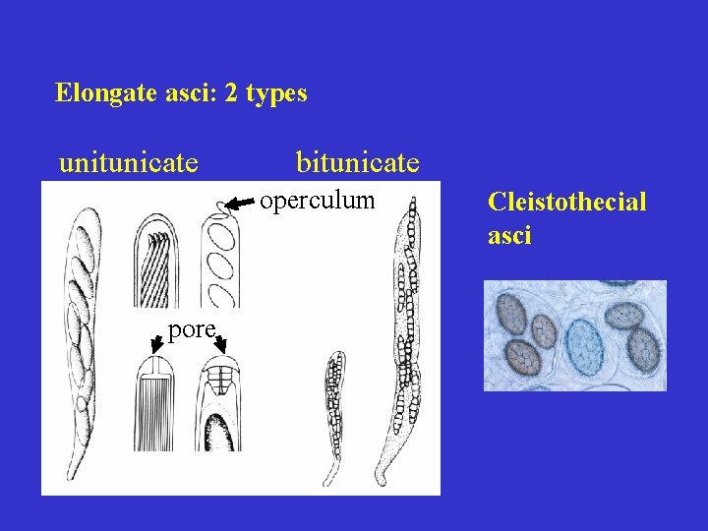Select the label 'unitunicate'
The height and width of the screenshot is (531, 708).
129,161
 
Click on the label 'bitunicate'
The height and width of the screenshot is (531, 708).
358,161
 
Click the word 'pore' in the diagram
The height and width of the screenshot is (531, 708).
192,329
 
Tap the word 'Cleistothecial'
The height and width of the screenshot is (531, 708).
567,203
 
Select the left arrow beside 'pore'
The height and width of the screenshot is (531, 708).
156,342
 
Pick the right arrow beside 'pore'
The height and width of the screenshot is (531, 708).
222,342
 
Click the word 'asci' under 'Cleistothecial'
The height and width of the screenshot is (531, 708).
509,236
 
